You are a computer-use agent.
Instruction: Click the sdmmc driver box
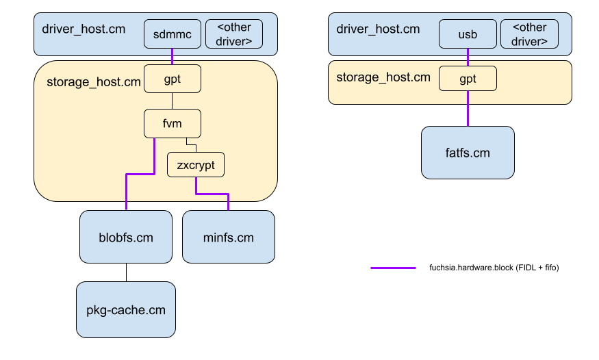(172, 34)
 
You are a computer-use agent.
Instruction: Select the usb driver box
(468, 34)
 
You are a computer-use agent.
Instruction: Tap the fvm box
(173, 124)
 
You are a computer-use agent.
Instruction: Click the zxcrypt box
(196, 165)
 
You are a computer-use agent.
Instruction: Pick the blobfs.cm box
(125, 237)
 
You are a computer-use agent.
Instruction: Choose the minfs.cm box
(229, 237)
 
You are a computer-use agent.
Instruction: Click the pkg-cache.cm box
(126, 309)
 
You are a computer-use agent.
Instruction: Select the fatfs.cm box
(468, 153)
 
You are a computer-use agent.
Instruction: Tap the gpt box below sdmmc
(173, 79)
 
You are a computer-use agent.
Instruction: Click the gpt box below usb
(468, 79)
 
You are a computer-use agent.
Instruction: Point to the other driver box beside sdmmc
(233, 34)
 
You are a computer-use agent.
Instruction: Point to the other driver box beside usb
(530, 34)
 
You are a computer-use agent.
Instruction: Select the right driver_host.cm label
(378, 29)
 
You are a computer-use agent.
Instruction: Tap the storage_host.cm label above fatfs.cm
(383, 77)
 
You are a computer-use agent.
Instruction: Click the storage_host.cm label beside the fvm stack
(94, 83)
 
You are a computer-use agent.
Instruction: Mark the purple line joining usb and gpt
(468, 57)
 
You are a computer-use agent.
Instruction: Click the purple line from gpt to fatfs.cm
(468, 109)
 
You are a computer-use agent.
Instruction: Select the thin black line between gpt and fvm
(173, 101)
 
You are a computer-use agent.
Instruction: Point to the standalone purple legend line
(393, 268)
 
